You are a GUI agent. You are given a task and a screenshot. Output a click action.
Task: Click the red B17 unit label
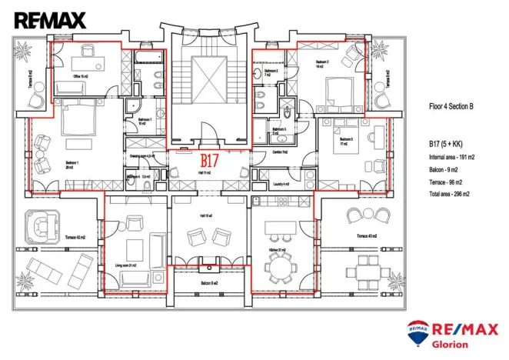[x=210, y=162]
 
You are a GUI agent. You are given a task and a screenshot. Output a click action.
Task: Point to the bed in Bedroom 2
[x=335, y=90]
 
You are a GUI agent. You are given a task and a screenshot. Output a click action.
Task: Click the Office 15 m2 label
[x=82, y=77]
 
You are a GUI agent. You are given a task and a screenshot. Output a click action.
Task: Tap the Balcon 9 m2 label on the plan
[x=209, y=283]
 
